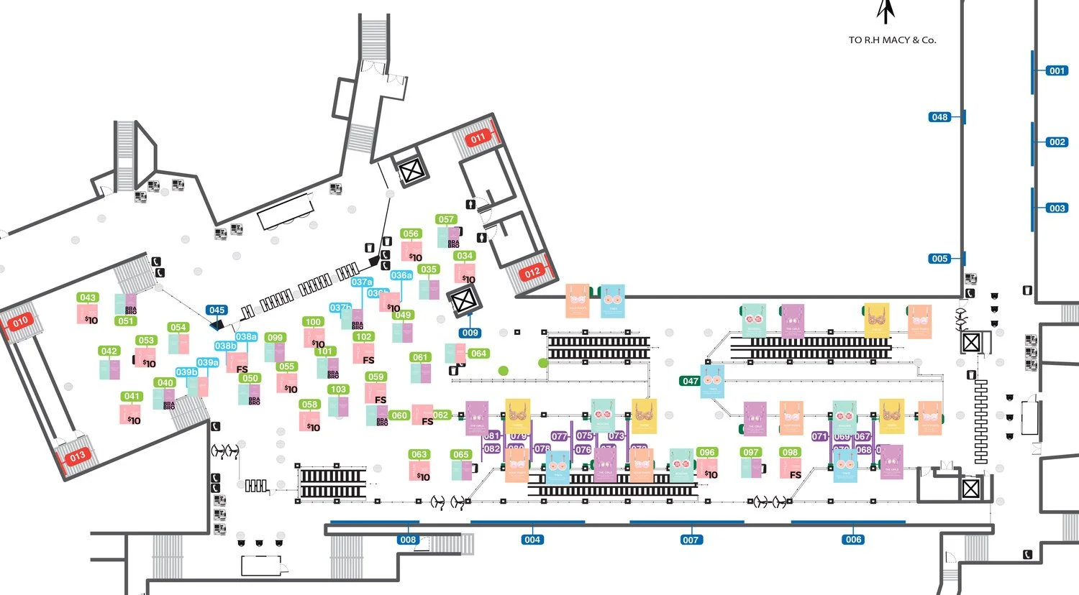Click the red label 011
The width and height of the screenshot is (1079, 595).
[x=478, y=138]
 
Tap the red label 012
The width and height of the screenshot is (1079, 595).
[x=532, y=272]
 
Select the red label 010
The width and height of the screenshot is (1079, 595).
[x=20, y=322]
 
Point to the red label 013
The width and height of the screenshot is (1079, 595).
[x=77, y=456]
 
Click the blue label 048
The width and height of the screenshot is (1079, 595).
[x=940, y=117]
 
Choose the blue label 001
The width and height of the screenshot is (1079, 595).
[x=1057, y=70]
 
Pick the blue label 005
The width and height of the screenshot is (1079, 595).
[x=939, y=259]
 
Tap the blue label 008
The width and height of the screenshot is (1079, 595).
[x=408, y=540]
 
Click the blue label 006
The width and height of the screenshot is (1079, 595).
[x=853, y=540]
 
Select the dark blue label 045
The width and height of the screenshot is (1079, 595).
[x=217, y=310]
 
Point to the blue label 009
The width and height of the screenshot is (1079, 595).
[x=470, y=333]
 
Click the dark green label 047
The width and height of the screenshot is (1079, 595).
[x=691, y=381]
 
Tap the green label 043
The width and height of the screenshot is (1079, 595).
[x=88, y=297]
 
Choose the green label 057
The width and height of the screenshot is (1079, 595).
[x=446, y=219]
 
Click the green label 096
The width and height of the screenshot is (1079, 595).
[x=707, y=452]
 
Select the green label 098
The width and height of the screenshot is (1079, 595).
[x=790, y=452]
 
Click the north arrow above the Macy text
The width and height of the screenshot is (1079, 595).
[x=885, y=12]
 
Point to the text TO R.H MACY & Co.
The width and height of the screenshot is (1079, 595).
[x=892, y=40]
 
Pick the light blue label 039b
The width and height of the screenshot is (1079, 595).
[x=186, y=372]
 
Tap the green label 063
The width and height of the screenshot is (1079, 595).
[x=419, y=454]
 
